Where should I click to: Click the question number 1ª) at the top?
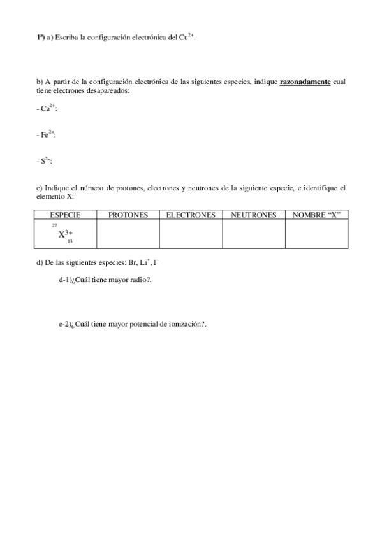41,38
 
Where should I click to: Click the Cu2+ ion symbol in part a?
187,38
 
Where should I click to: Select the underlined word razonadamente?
305,82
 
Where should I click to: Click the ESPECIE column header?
65,215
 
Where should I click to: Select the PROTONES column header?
128,215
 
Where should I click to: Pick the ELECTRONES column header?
191,215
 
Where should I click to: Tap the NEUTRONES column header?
253,215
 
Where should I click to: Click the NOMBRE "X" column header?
317,215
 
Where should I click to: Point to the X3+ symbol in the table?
66,234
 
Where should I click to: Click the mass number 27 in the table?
54,225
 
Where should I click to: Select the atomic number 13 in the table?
70,243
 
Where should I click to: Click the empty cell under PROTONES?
128,234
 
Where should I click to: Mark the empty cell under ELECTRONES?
191,234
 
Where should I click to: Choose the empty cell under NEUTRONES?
253,234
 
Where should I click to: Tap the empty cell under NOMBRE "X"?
317,234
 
